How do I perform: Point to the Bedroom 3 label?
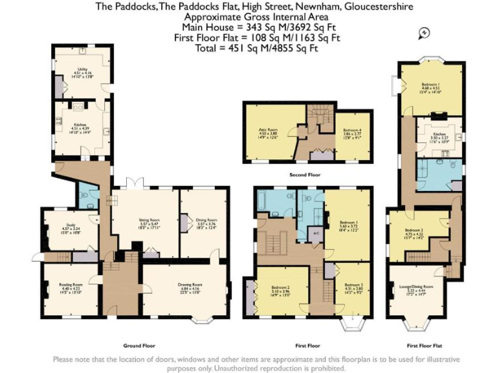click(x=353, y=286)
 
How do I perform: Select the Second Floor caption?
click(x=307, y=175)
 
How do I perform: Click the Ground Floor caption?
click(x=138, y=345)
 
